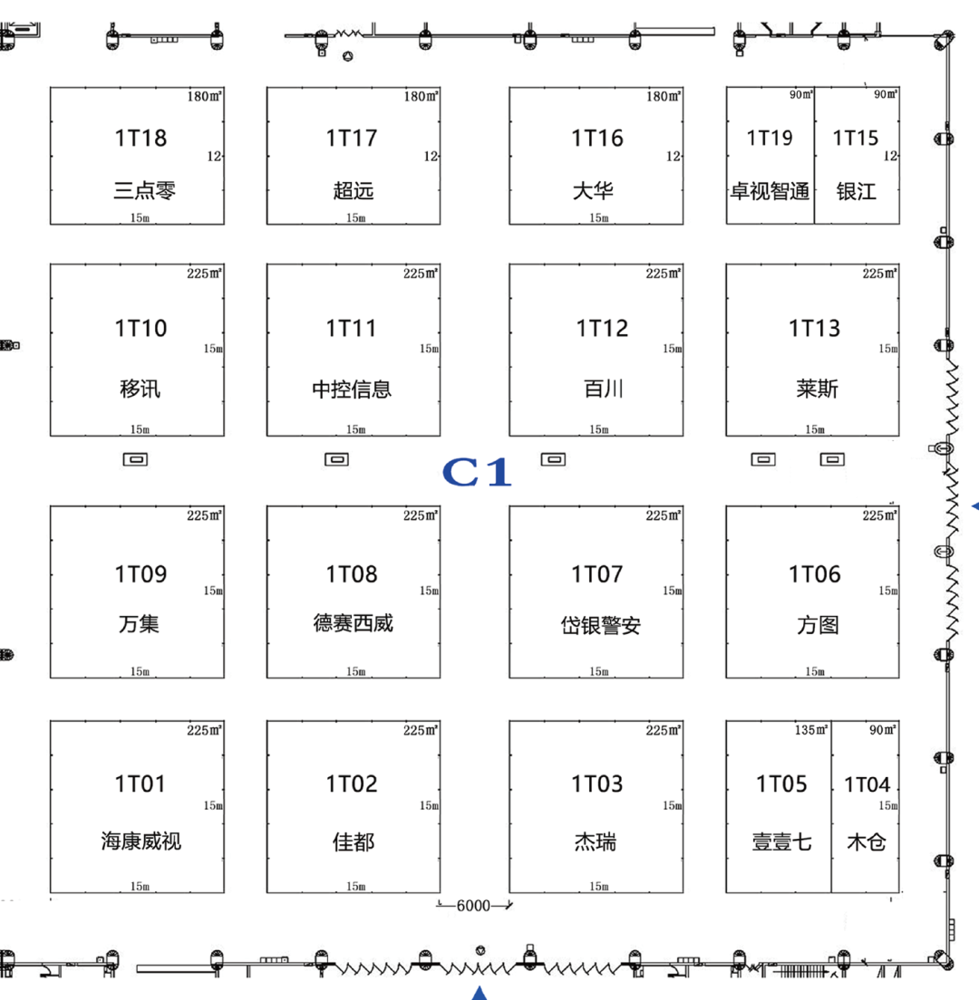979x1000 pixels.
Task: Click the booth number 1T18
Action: tap(141, 138)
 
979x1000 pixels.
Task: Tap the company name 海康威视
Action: tap(141, 841)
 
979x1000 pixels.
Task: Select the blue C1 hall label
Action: tap(478, 473)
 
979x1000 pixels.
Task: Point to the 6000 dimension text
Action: tap(472, 906)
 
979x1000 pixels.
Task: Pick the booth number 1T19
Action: tap(770, 138)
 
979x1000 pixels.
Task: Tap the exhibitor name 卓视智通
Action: tap(770, 192)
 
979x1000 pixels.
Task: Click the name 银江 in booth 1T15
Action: tap(857, 192)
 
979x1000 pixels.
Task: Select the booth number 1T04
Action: tap(868, 784)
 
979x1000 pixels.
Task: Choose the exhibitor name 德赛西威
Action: tap(353, 624)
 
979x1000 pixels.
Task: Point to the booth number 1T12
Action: tap(602, 328)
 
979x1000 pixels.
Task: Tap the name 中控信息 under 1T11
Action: tap(352, 389)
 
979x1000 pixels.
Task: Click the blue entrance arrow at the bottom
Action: tap(480, 993)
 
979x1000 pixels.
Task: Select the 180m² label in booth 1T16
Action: tap(664, 96)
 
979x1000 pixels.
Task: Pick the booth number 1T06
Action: tap(815, 574)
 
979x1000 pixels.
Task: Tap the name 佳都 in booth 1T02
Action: tap(353, 842)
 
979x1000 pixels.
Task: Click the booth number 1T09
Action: tap(141, 574)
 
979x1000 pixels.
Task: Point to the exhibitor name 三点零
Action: tap(144, 191)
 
